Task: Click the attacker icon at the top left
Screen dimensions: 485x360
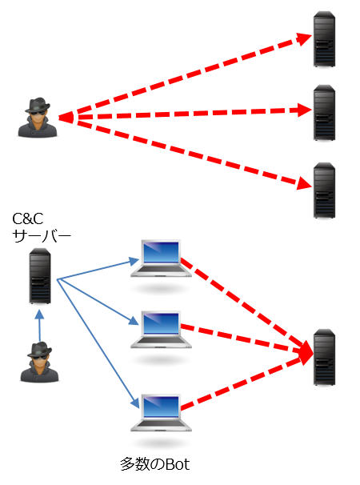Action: (x=38, y=118)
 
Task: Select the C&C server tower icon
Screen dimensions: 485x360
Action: (x=40, y=276)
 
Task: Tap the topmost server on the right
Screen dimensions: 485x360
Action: (x=324, y=38)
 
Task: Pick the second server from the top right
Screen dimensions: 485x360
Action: (x=324, y=114)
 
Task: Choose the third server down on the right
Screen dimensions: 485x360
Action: (x=324, y=190)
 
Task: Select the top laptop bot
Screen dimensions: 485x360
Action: (x=162, y=259)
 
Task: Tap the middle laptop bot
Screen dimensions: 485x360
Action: (x=162, y=329)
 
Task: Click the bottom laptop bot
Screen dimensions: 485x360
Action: (x=162, y=412)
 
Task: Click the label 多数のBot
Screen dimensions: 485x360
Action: (x=156, y=463)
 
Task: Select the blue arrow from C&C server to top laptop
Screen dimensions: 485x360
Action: (x=96, y=269)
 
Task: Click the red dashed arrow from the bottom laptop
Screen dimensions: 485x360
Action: (x=248, y=383)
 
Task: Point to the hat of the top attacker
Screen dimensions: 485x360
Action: (x=38, y=105)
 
